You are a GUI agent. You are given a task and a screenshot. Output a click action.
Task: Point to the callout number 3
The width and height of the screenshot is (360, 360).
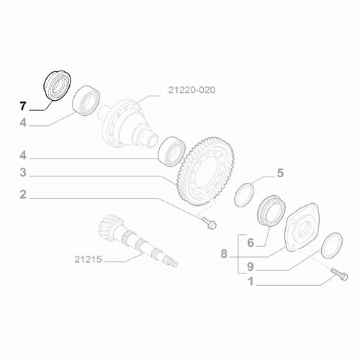click(23, 173)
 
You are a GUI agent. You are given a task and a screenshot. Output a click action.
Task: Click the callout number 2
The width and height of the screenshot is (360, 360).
click(23, 194)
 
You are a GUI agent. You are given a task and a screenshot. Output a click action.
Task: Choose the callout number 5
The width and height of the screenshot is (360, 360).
click(281, 173)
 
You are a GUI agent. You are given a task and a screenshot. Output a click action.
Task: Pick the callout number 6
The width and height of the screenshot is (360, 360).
click(251, 243)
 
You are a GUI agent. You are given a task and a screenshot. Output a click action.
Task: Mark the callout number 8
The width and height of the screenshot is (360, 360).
click(224, 253)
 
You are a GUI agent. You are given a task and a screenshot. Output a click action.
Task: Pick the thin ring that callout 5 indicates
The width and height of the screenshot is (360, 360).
click(246, 194)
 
